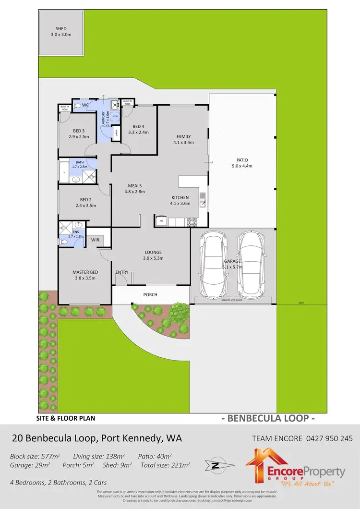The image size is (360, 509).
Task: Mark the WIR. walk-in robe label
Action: (x=96, y=238)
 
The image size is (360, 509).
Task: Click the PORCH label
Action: (x=150, y=295)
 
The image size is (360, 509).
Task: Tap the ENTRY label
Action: (x=122, y=272)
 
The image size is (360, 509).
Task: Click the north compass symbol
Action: (x=216, y=465)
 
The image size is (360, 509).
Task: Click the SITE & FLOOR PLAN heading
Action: (x=66, y=418)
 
